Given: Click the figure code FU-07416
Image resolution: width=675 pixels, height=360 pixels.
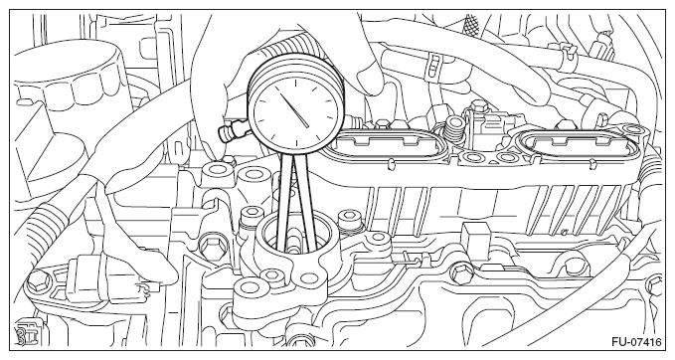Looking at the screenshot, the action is click(636, 342).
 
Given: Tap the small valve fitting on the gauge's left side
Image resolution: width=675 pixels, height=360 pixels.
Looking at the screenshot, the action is click(233, 130).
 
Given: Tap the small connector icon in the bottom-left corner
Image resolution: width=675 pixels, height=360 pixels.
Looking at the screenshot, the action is click(24, 331).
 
